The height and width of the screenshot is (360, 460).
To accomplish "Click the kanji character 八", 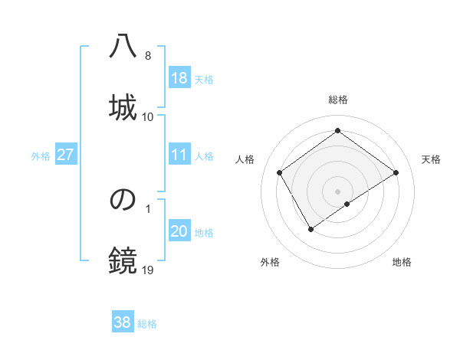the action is pos(123,47).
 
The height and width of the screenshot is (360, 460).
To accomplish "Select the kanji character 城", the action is pos(123,106).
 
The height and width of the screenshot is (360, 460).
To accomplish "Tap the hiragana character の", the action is pos(123,200).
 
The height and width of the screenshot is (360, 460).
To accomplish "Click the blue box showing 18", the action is pos(179,78).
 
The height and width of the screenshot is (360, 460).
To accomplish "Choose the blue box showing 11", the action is pos(179,155).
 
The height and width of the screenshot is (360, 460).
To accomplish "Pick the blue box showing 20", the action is pos(179,232).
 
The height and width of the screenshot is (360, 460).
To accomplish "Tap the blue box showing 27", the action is pos(66,155).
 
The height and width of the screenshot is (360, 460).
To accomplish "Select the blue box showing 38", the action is pos(123,322).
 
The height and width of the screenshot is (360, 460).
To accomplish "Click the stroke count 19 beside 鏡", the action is pos(148,270).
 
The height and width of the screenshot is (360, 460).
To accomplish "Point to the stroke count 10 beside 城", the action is pos(148,116).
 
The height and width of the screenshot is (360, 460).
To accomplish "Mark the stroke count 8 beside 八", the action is pos(148,56).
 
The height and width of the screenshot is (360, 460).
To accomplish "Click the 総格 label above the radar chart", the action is pos(338,100).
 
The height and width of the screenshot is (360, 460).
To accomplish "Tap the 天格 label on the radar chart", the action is pos(431,159).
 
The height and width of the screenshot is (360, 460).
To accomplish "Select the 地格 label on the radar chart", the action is pos(402,262).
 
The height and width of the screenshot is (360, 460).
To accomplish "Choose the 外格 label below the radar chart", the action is pos(270,262).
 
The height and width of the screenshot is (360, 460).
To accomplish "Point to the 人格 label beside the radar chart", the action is pos(245,159).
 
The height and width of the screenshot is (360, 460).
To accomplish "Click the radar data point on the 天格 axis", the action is pos(396,172).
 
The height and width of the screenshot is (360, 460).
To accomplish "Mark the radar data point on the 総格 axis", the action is pos(337,131).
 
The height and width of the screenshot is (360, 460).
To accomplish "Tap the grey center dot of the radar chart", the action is pos(337,191).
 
